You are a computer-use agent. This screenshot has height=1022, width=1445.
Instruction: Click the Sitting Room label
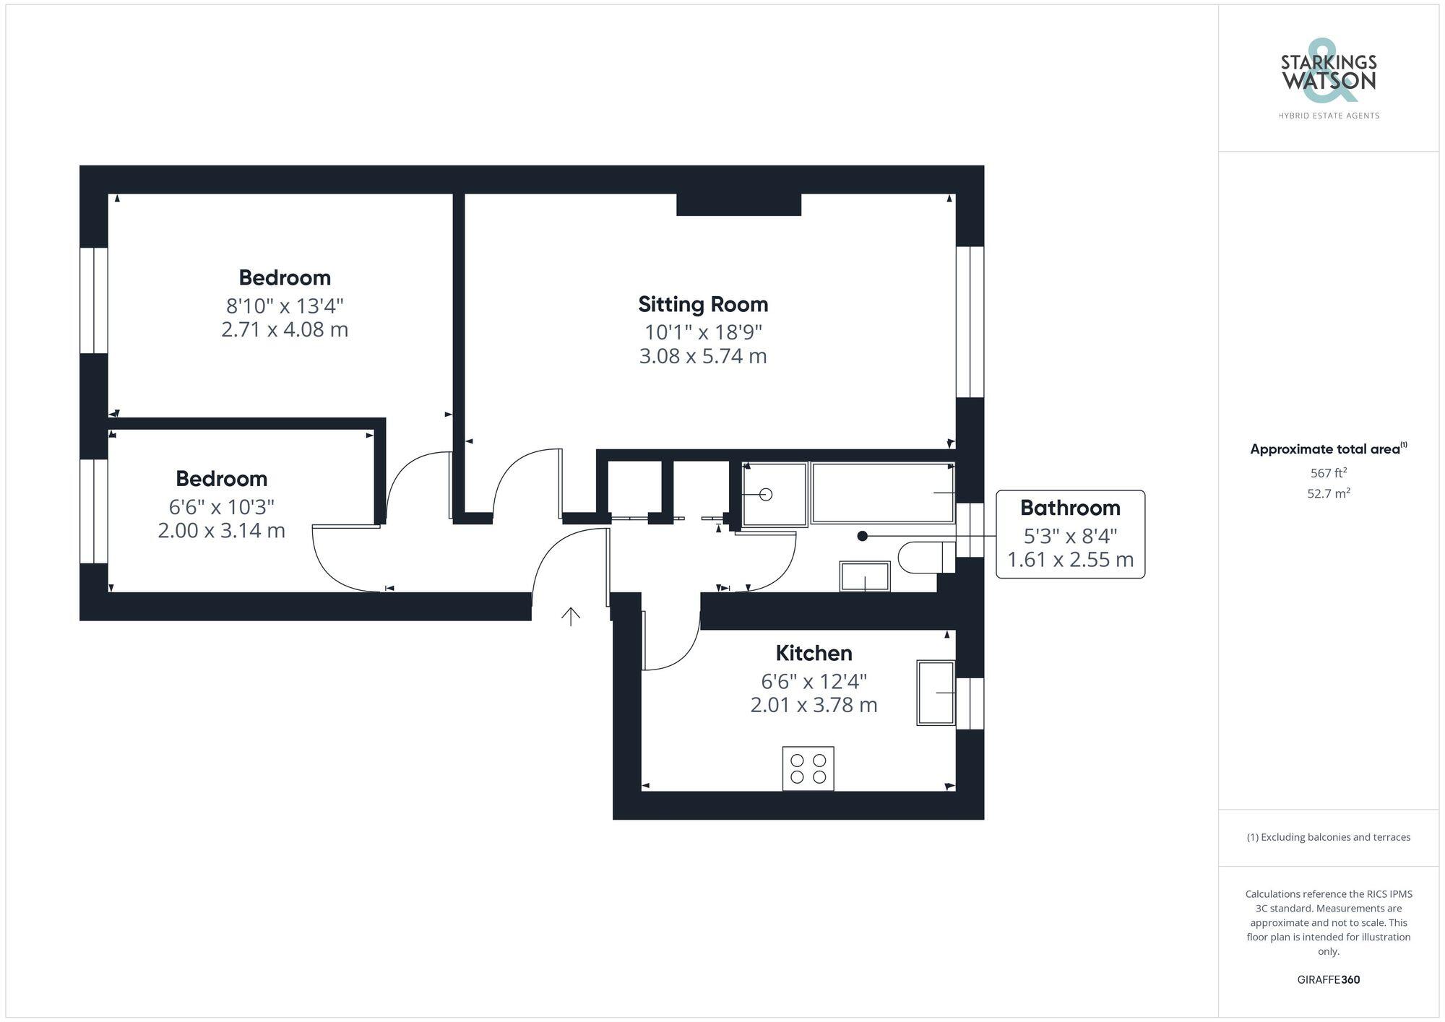[x=702, y=304]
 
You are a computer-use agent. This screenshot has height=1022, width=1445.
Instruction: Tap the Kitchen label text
[x=814, y=653]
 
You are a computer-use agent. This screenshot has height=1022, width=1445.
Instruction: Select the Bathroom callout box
[x=1070, y=534]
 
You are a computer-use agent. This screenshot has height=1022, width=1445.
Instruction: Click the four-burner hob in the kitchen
[x=808, y=768]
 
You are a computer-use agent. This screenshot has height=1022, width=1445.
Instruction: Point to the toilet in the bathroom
[x=925, y=558]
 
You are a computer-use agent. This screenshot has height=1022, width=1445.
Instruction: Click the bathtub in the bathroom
[x=883, y=493]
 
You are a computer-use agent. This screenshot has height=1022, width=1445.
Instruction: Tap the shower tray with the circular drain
[x=775, y=494]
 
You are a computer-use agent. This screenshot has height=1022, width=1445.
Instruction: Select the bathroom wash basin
[x=864, y=576]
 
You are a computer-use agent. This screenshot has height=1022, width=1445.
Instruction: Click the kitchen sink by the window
[x=936, y=692]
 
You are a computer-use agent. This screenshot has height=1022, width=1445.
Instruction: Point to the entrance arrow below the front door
[x=571, y=616]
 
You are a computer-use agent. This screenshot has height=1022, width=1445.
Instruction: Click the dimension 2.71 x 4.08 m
[x=285, y=330]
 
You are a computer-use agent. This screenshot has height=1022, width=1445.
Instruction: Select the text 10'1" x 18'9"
[x=703, y=332]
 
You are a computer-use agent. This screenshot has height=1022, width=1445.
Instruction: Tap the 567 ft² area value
[x=1328, y=473]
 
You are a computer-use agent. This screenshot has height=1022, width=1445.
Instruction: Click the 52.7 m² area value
[x=1328, y=494]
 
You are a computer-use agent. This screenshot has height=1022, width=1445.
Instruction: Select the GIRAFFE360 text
[x=1328, y=979]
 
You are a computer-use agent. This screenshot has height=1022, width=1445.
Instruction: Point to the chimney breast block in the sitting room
[x=738, y=204]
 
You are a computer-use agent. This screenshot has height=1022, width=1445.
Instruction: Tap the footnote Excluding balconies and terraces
[x=1328, y=837]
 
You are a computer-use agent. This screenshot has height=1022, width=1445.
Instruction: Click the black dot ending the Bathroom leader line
[x=862, y=536]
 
